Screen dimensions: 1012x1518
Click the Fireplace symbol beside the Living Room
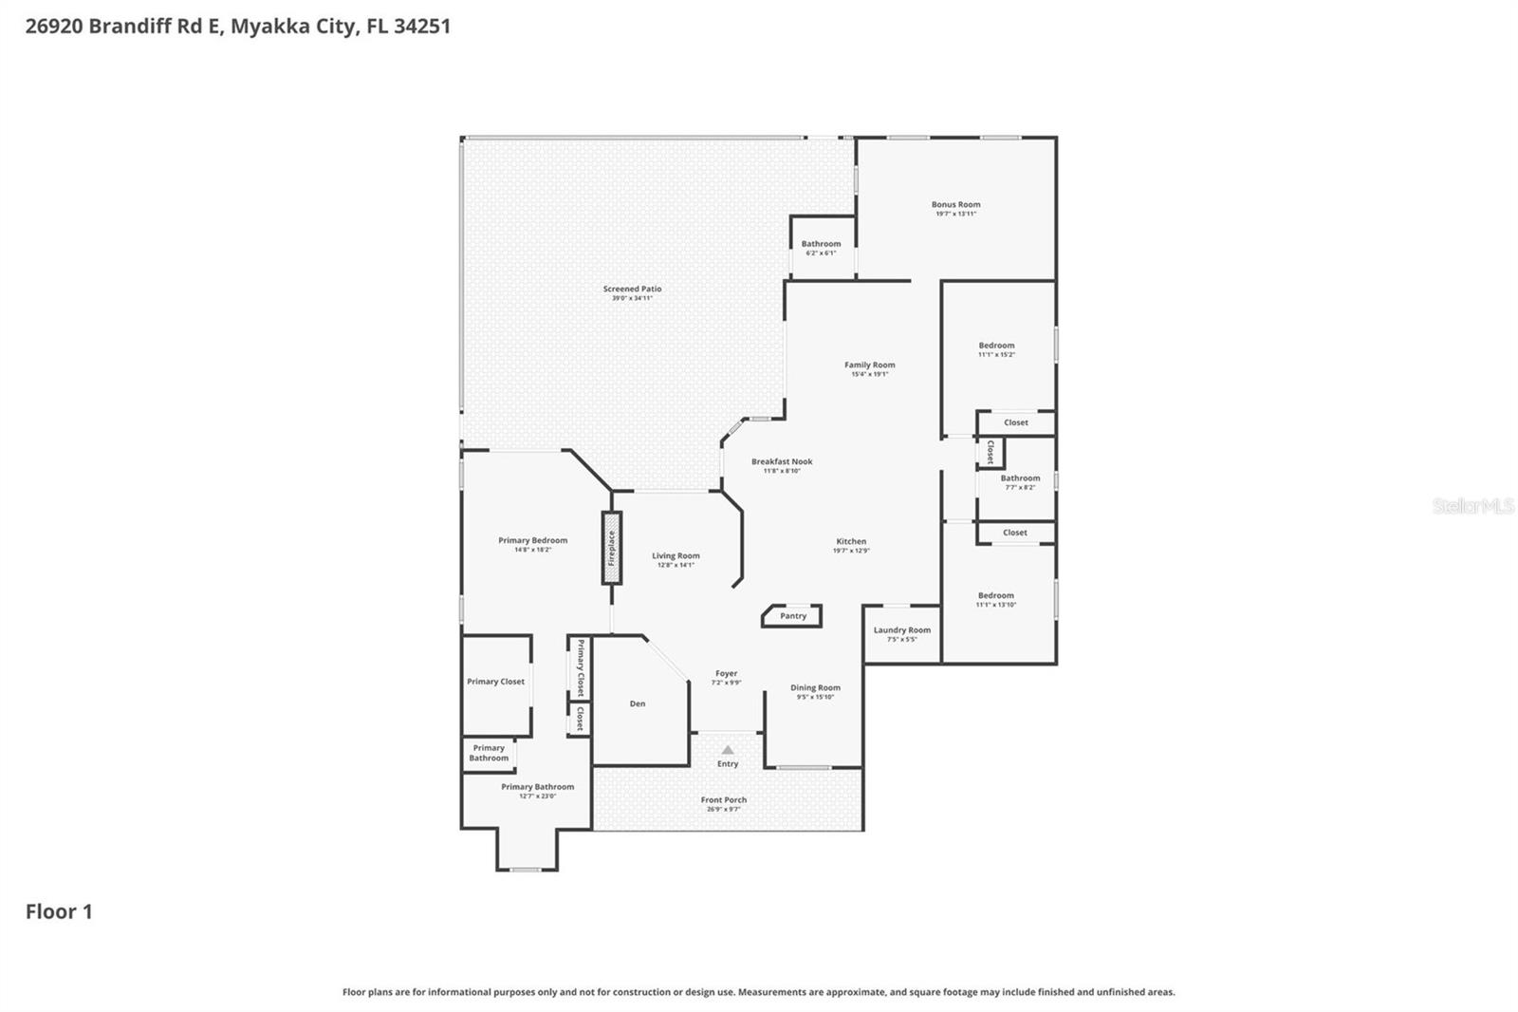(612, 548)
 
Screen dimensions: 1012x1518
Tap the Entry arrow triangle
(728, 750)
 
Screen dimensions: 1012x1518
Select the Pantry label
(793, 616)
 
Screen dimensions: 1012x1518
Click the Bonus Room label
(955, 204)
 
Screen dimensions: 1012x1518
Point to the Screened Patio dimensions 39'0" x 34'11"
(632, 298)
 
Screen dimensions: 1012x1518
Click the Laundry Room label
(901, 629)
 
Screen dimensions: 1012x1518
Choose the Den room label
(638, 703)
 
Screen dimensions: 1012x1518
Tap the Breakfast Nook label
(782, 461)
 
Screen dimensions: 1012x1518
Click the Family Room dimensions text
(869, 374)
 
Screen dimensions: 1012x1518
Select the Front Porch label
(723, 799)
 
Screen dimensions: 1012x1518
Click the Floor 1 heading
(59, 911)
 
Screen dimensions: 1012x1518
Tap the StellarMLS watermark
(1472, 506)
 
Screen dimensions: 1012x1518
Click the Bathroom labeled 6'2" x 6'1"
(821, 244)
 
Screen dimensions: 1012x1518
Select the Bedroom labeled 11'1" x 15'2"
(996, 346)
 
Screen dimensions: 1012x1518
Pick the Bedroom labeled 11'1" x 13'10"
(995, 595)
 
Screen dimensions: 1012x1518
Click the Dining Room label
(815, 687)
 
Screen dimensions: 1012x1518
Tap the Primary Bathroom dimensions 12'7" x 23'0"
(537, 796)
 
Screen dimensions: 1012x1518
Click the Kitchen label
(851, 541)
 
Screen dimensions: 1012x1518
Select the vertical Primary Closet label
(580, 667)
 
